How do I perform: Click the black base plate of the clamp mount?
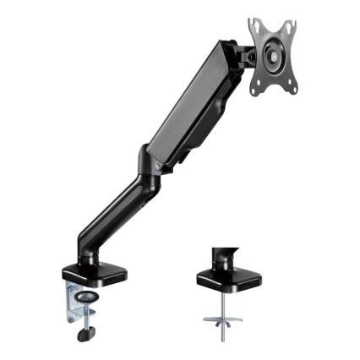point(93,275)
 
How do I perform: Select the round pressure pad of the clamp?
point(85,297)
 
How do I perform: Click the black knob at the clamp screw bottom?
point(84,335)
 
